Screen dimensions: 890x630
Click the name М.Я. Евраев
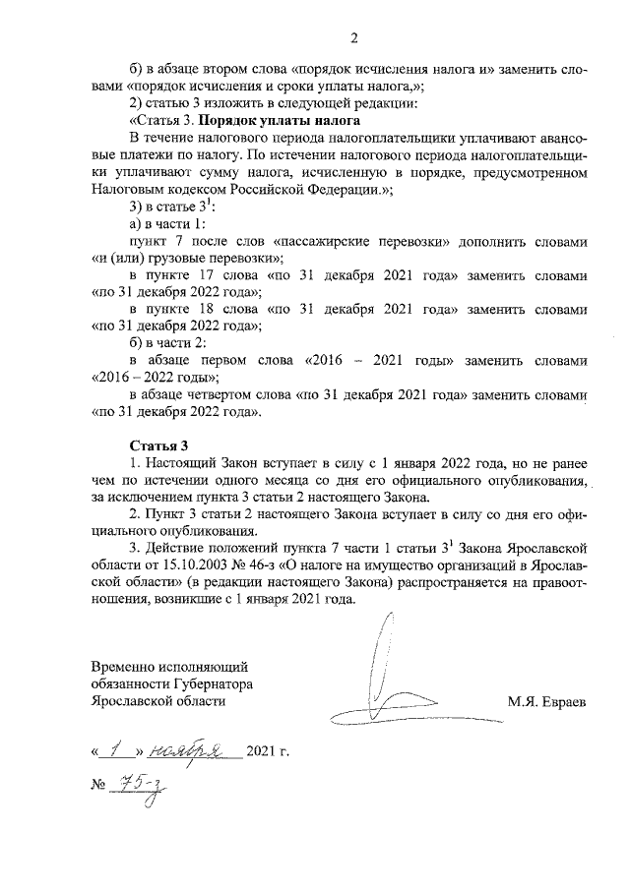pos(547,701)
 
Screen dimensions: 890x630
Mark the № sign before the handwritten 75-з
pos(98,784)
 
